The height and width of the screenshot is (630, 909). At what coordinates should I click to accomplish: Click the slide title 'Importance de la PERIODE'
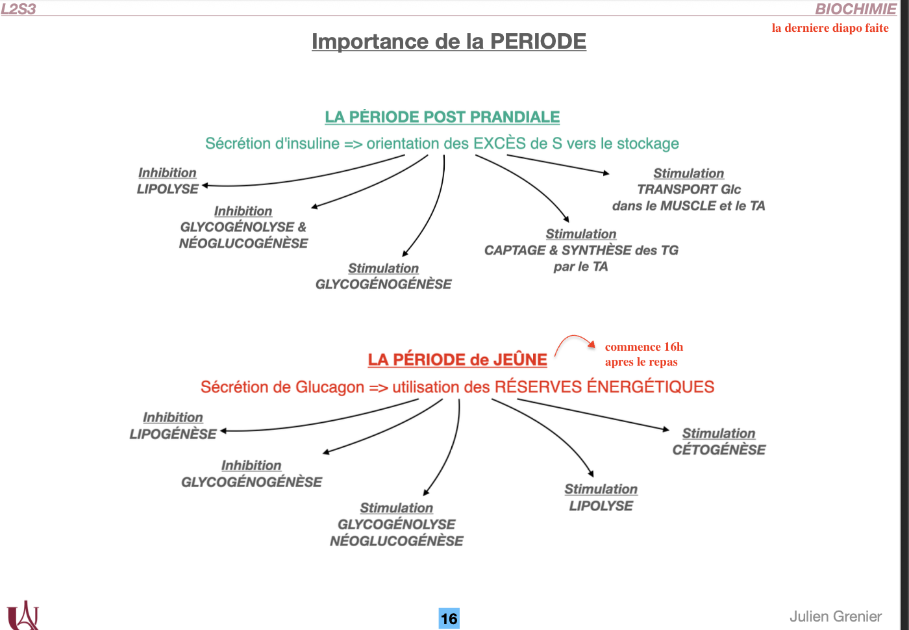(x=449, y=42)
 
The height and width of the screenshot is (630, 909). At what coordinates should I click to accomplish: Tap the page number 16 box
(x=449, y=618)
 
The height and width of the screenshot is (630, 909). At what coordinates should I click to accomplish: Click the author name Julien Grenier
(x=835, y=616)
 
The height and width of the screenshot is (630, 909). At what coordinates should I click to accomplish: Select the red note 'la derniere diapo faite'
(x=830, y=28)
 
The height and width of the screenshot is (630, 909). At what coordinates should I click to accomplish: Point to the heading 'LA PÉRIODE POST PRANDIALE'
(x=442, y=117)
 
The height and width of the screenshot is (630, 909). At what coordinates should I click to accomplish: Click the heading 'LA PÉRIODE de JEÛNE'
(x=457, y=360)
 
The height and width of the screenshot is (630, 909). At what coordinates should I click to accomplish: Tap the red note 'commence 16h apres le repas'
(x=643, y=355)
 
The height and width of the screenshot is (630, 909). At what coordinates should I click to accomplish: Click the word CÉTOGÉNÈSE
(x=719, y=449)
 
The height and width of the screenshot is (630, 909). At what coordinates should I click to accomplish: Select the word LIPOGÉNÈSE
(x=173, y=434)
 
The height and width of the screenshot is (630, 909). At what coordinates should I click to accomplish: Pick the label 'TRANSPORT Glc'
(x=688, y=189)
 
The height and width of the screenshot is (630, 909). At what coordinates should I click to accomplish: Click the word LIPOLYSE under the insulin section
(x=168, y=189)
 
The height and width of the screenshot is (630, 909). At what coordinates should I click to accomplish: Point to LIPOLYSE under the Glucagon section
(x=601, y=506)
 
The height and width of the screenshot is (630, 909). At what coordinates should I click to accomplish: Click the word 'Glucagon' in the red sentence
(x=329, y=387)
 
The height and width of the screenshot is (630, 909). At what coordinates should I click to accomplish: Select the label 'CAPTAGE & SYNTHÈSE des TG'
(x=581, y=250)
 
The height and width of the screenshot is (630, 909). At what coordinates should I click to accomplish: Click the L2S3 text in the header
(x=18, y=9)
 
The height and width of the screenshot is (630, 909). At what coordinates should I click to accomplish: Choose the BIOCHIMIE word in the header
(x=855, y=9)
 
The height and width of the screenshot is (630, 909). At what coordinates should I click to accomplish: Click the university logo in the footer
(x=23, y=615)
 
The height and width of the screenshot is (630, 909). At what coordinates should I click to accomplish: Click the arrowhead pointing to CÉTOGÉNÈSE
(x=666, y=429)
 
